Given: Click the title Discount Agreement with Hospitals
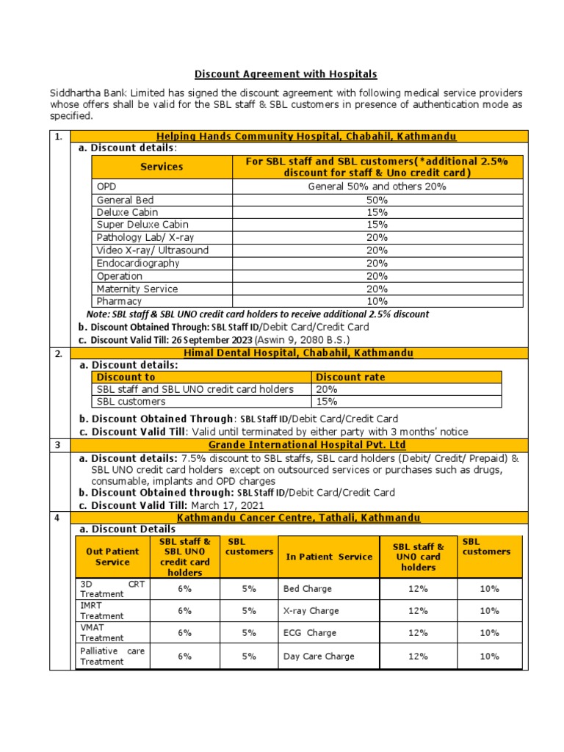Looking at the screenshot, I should click(285, 74).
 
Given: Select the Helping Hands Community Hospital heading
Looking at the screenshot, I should click(306, 136).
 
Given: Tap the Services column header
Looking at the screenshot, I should click(162, 167).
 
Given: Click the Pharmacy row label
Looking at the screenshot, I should click(119, 301).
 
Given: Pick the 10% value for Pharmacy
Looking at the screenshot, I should click(377, 301).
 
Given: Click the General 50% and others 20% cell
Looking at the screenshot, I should click(377, 187).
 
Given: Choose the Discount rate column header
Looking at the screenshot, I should click(350, 377).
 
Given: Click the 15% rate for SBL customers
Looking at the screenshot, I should click(327, 402).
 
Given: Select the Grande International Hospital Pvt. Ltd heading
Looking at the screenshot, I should click(306, 445).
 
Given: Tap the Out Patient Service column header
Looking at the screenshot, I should click(112, 557).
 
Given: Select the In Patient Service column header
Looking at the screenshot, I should click(329, 557).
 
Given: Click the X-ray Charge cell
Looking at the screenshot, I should click(311, 610).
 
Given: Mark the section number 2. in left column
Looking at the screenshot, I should click(59, 353).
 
